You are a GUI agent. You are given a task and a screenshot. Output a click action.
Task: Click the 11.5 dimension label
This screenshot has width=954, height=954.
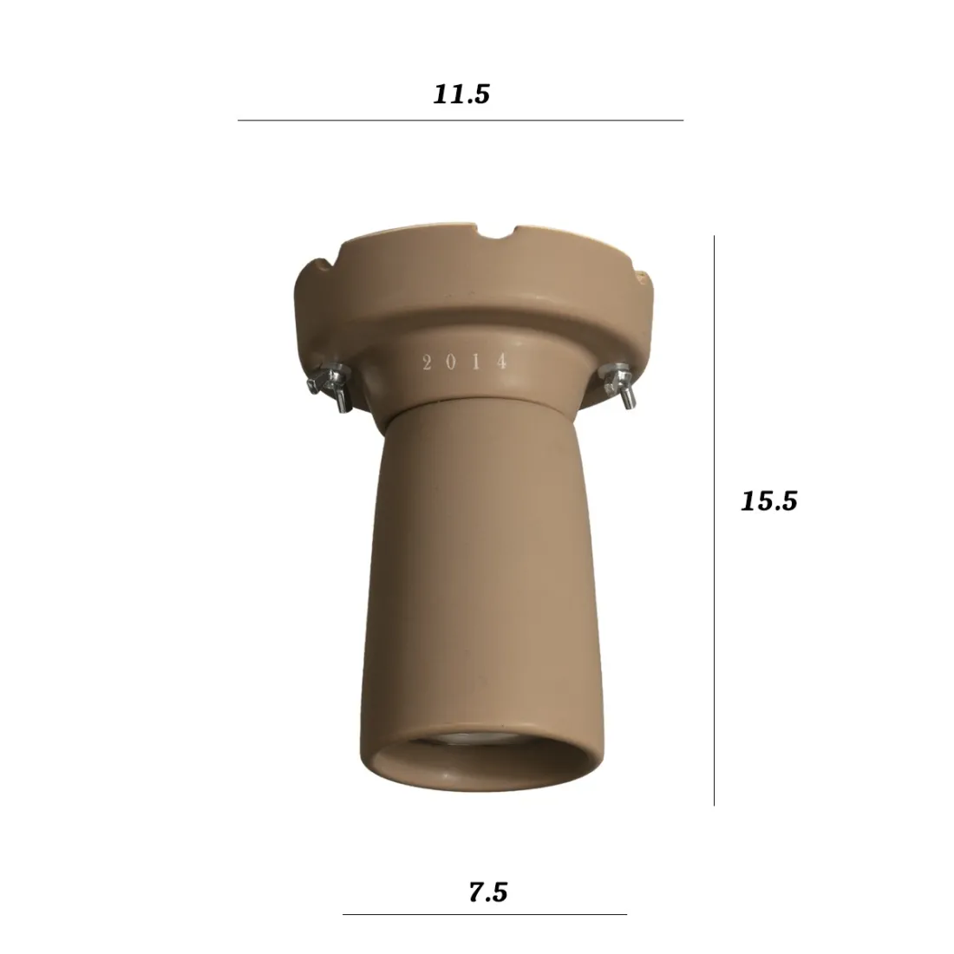tap(461, 94)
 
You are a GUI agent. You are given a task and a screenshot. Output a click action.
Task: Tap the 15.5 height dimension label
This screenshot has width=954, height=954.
tap(768, 500)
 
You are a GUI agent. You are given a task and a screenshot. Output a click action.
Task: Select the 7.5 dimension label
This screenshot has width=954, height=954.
tap(487, 892)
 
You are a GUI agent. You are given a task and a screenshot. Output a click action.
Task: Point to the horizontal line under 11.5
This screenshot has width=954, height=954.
tap(460, 120)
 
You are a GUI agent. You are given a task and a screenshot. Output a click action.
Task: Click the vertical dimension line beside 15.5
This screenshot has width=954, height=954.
tap(714, 520)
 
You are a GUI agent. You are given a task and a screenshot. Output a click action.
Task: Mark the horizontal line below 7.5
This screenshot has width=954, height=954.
tap(484, 914)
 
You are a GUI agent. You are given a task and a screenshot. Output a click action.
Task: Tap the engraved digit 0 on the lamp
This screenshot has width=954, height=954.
tap(452, 363)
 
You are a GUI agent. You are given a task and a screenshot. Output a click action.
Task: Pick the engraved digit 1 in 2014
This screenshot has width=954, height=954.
tap(477, 363)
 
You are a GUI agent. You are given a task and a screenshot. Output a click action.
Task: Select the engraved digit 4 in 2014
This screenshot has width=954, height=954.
tap(501, 363)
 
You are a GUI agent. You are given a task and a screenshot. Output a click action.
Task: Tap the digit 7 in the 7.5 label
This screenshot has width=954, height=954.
tap(475, 892)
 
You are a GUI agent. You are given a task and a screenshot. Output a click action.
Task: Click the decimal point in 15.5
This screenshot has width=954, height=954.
tap(768, 509)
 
